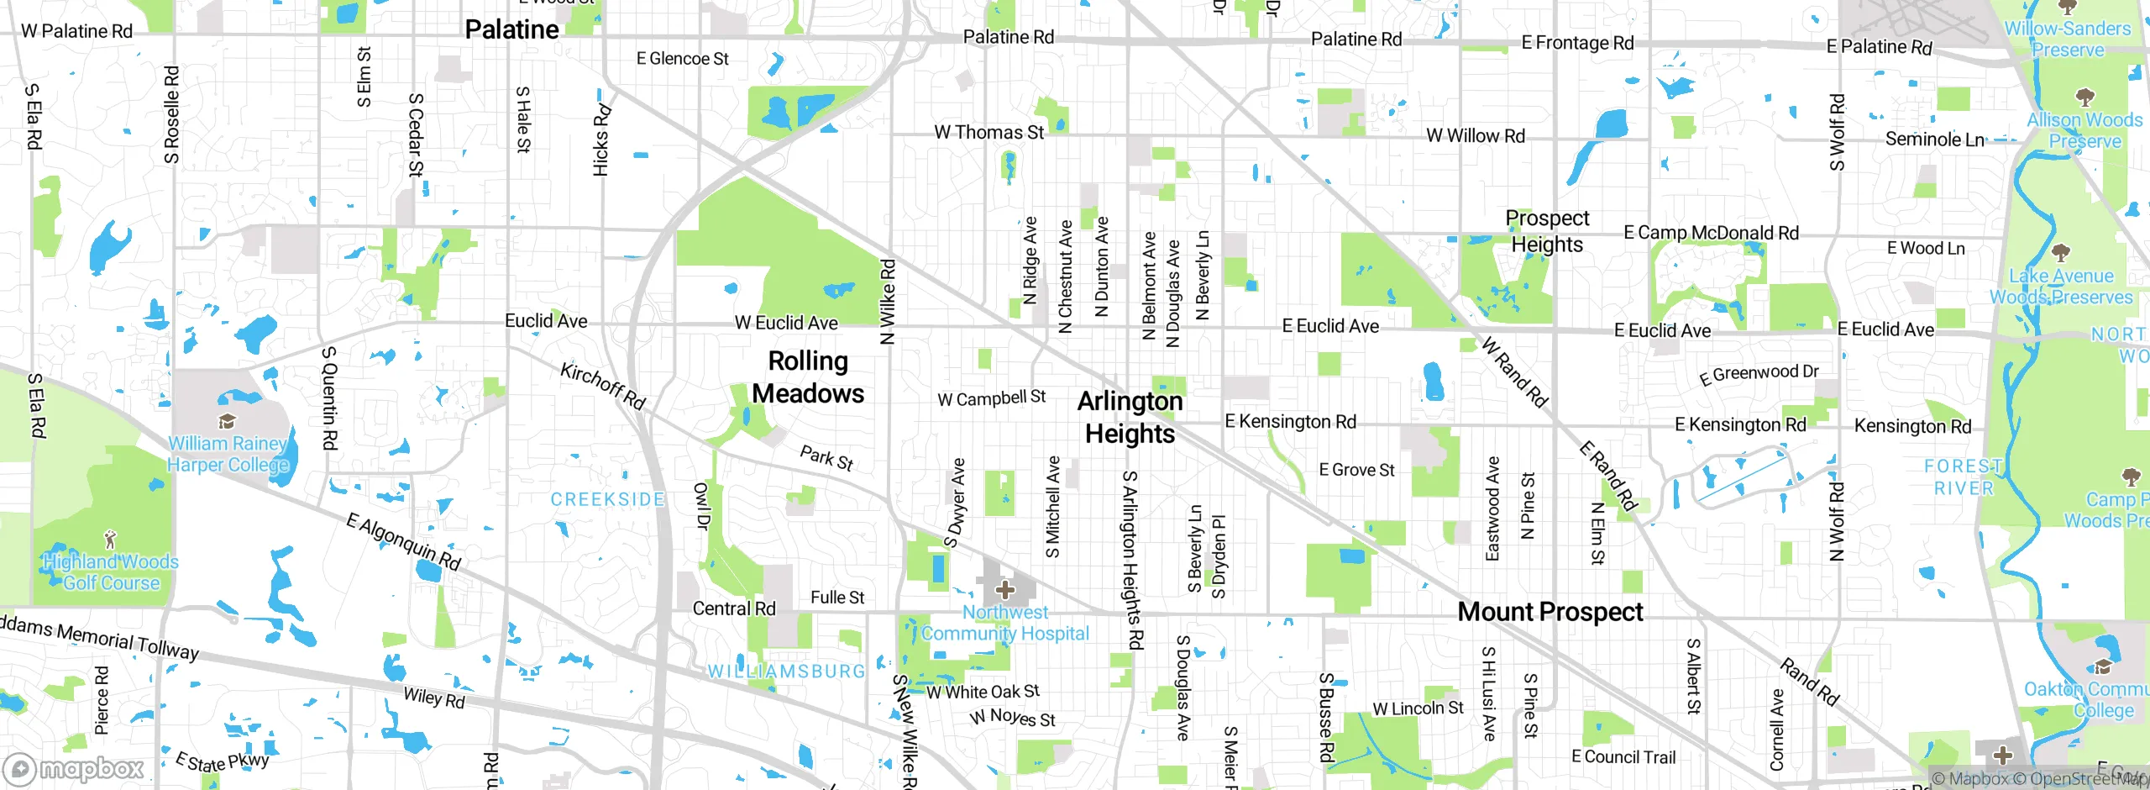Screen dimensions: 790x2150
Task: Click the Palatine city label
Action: tap(511, 30)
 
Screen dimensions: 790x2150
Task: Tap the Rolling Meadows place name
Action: tap(808, 377)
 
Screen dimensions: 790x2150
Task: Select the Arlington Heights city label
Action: tap(1130, 418)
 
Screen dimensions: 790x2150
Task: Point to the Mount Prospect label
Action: tap(1550, 612)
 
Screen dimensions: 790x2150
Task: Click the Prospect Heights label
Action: tap(1547, 231)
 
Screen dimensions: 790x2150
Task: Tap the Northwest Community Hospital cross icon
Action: tap(1005, 590)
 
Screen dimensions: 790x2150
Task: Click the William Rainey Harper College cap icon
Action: tap(226, 422)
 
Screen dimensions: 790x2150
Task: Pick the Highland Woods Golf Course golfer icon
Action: tap(109, 539)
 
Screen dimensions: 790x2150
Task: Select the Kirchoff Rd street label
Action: tap(603, 386)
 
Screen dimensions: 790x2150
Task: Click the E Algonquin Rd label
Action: tap(404, 542)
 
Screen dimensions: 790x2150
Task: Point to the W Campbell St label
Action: tap(991, 398)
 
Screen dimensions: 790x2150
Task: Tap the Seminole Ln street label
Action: tap(1934, 140)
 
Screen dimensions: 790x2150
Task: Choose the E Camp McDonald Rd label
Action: tap(1711, 233)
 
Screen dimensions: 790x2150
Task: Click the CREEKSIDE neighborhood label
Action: tap(607, 499)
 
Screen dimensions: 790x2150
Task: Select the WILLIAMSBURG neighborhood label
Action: tap(786, 671)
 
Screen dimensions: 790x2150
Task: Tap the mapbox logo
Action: tap(74, 768)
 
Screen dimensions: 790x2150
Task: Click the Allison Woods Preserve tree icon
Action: tap(2084, 97)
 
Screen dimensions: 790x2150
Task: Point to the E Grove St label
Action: tap(1356, 470)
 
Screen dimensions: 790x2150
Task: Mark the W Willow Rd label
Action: tap(1475, 136)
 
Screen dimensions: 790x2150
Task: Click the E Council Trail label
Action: tap(1623, 757)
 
